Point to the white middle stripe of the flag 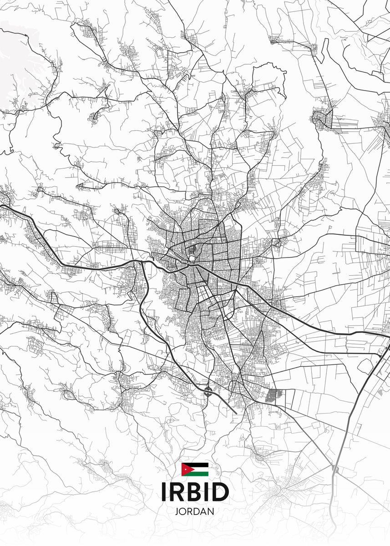tap(200, 469)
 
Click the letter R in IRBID tap(177, 491)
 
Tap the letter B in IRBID tap(195, 491)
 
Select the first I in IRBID tap(163, 491)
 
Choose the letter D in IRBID tap(220, 491)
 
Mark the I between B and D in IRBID tap(207, 491)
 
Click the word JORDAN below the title tap(194, 511)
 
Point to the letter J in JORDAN tap(177, 511)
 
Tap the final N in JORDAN tap(211, 511)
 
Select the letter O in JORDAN tap(182, 511)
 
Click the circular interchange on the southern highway tap(208, 390)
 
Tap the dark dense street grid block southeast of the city tap(274, 394)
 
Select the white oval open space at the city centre tap(192, 258)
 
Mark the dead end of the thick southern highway tap(236, 413)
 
